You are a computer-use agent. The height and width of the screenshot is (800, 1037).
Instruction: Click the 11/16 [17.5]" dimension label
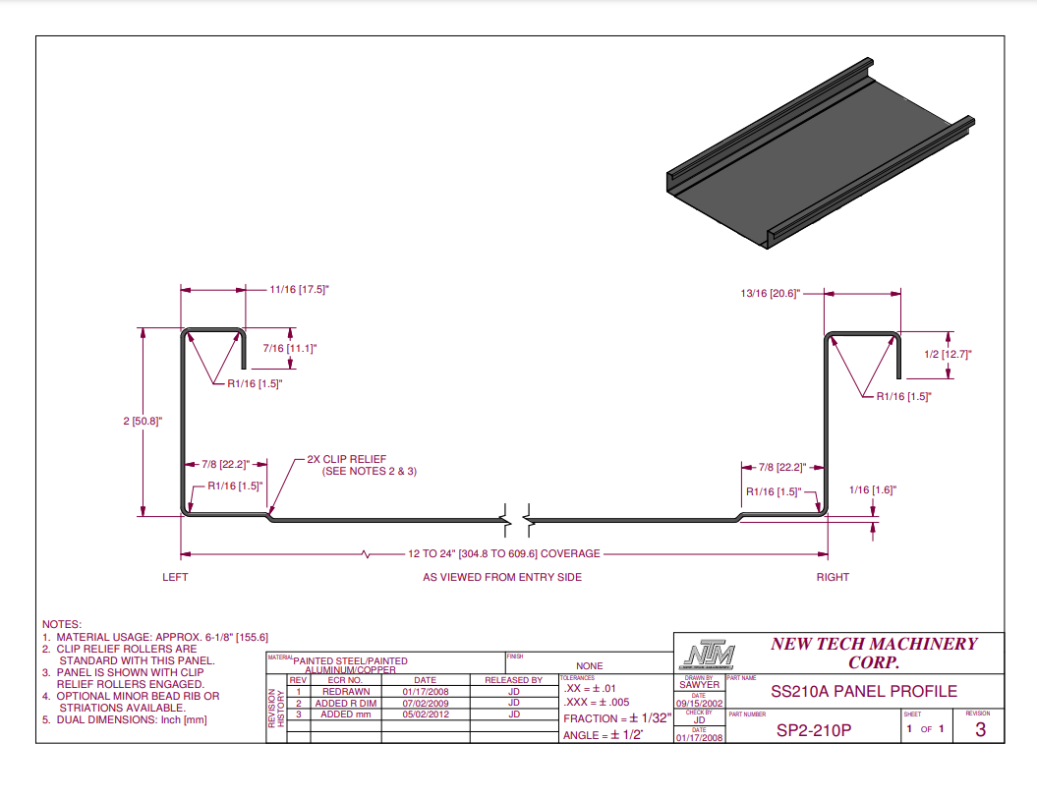[x=298, y=290]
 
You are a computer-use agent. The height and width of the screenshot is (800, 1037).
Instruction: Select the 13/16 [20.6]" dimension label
[x=771, y=293]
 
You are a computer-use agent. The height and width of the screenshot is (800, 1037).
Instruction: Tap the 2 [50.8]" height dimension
[x=143, y=421]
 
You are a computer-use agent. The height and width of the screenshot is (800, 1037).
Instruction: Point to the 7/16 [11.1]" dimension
[x=290, y=348]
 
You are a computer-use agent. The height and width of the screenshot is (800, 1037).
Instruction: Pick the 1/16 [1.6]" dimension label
[x=872, y=489]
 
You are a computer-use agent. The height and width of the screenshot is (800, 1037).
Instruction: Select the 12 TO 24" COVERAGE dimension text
[x=503, y=554]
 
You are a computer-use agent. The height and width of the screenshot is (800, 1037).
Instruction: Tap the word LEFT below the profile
[x=175, y=577]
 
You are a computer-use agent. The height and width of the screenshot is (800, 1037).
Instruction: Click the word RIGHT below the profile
[x=833, y=577]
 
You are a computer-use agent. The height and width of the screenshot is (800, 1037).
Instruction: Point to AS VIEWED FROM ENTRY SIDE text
[x=502, y=577]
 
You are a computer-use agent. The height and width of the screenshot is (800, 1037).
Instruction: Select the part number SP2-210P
[x=812, y=730]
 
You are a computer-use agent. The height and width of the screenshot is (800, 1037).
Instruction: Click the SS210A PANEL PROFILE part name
[x=864, y=692]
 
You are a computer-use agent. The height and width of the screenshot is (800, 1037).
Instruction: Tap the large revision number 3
[x=980, y=730]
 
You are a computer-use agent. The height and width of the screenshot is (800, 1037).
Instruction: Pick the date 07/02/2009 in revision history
[x=425, y=703]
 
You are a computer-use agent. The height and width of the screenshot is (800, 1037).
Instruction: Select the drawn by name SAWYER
[x=699, y=685]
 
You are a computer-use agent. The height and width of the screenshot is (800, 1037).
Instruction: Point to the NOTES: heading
[x=62, y=624]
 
